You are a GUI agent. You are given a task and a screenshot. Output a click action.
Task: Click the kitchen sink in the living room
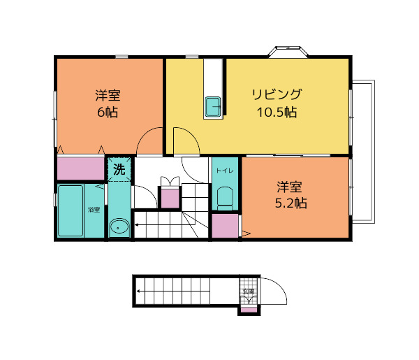(214, 108)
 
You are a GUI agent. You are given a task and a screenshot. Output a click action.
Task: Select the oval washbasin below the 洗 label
(119, 226)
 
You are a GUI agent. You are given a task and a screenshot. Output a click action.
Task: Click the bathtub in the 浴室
(71, 210)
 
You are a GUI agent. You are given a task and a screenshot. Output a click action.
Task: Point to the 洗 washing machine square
(119, 168)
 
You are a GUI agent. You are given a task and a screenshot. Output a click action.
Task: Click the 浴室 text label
(94, 210)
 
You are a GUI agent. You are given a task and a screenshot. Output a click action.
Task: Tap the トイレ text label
(224, 170)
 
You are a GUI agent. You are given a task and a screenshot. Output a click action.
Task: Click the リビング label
(277, 94)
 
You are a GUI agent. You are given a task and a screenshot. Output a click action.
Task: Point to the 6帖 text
(108, 112)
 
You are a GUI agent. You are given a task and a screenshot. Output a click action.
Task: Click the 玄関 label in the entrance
(249, 292)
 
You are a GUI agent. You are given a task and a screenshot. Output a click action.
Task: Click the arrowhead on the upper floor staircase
(138, 225)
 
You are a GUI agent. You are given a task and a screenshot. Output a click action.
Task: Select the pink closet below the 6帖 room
(80, 168)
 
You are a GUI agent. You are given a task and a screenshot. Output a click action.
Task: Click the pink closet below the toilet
(224, 227)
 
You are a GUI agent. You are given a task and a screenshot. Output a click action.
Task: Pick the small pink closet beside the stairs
(170, 198)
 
